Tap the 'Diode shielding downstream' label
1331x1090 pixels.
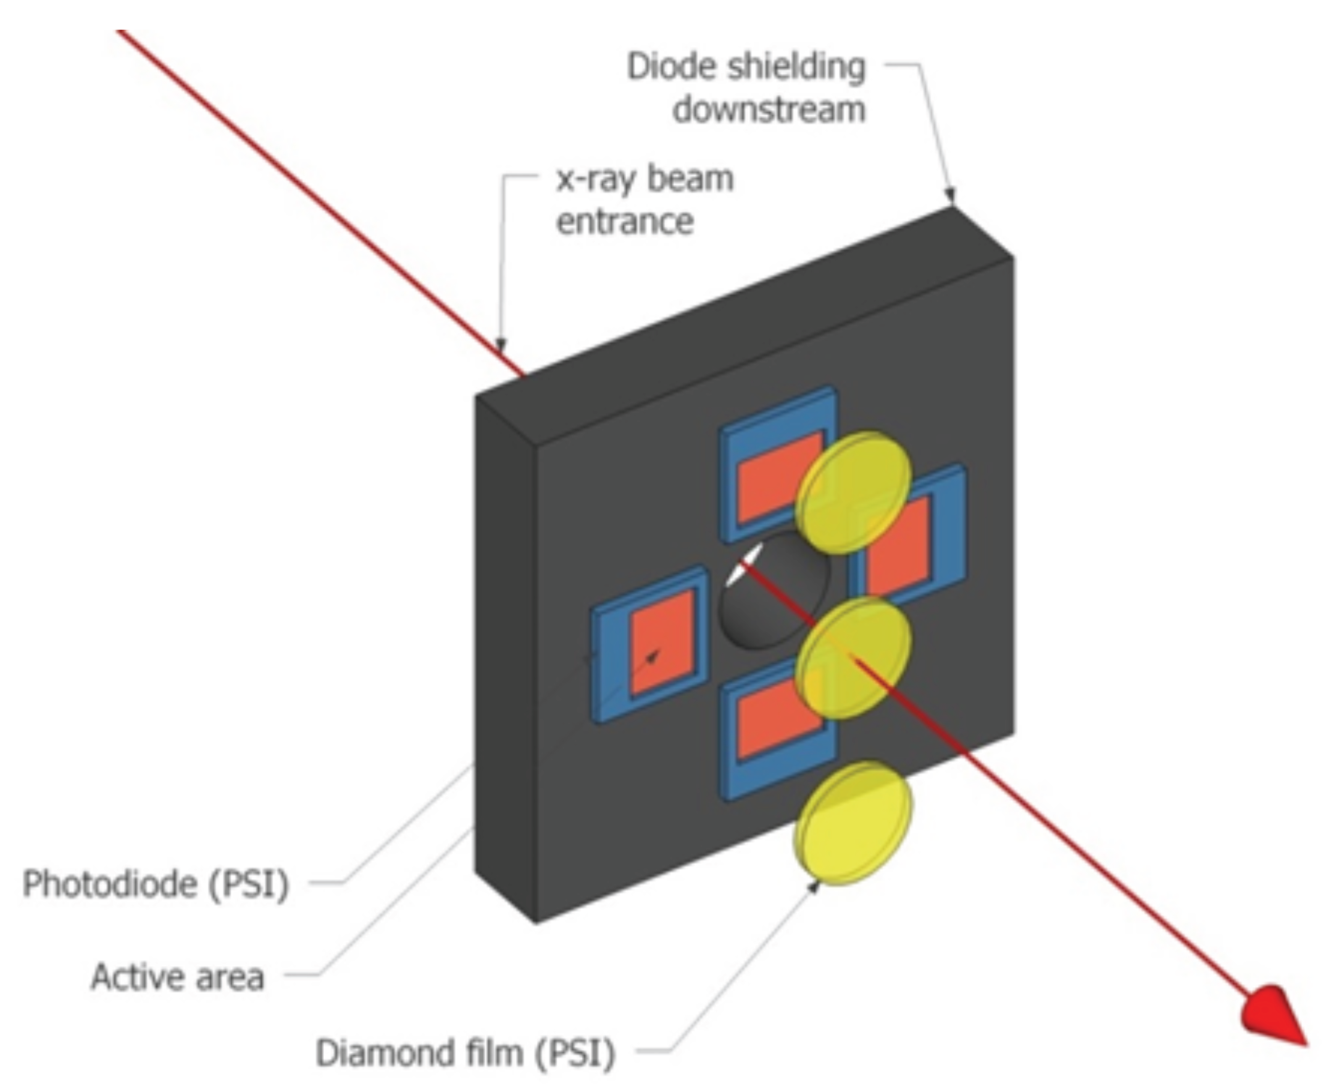pyautogui.click(x=746, y=88)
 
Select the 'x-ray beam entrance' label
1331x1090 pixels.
pyautogui.click(x=644, y=199)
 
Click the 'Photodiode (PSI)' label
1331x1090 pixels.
pyautogui.click(x=156, y=883)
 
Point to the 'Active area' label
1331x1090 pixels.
pyautogui.click(x=178, y=977)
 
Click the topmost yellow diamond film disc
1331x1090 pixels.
pyautogui.click(x=853, y=493)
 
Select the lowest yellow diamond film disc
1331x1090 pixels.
pyautogui.click(x=853, y=823)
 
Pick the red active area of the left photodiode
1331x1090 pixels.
pyautogui.click(x=661, y=641)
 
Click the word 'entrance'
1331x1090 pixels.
pyautogui.click(x=625, y=221)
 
